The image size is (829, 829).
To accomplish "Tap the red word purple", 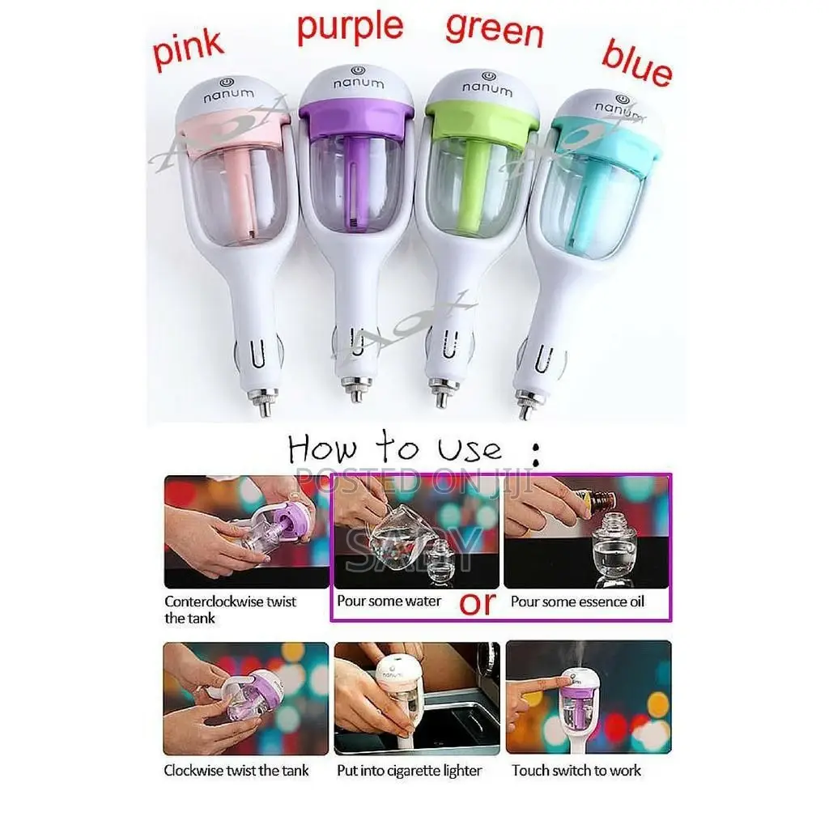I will point(350,26).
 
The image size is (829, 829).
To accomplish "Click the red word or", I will point(478,604).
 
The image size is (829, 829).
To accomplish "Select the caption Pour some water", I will point(389,602).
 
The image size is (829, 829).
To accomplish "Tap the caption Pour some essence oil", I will point(577,602).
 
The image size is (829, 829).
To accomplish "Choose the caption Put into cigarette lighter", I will point(409,770).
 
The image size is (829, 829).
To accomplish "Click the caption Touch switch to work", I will point(576,770).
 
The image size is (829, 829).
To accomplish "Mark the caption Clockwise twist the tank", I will point(236,770).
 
